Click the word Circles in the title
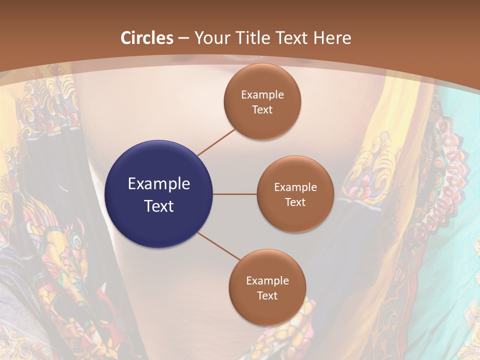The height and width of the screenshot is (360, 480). click(147, 38)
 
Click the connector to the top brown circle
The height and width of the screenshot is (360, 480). click(216, 142)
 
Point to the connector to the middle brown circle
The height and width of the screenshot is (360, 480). click(235, 194)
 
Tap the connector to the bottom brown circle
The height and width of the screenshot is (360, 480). click(218, 246)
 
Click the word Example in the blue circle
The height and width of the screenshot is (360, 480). click(159, 183)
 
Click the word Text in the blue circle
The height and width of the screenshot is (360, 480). click(159, 206)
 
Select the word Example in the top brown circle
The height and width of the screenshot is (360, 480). click(262, 94)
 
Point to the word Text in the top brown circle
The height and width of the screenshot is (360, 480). click(262, 109)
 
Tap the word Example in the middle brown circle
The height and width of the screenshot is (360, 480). click(295, 187)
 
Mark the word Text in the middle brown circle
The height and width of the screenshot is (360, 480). click(295, 202)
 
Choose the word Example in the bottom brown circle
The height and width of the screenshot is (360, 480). click(267, 280)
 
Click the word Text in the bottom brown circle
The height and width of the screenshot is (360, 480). click(267, 295)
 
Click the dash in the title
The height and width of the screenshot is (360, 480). click(183, 38)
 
